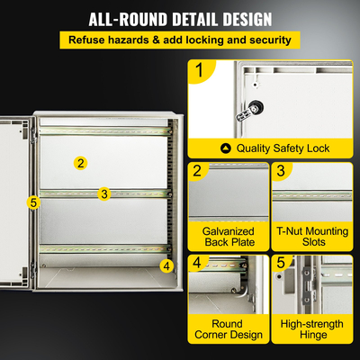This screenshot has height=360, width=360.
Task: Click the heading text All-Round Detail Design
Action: point(180,19)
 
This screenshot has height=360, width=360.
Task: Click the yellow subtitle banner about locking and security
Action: point(179,40)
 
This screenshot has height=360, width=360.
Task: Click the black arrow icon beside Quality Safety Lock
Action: point(226,148)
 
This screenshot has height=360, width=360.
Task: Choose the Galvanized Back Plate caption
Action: point(229,237)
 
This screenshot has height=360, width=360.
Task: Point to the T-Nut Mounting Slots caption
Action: point(313,237)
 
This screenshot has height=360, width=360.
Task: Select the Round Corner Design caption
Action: point(229,329)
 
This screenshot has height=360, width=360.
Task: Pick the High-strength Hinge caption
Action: point(313,329)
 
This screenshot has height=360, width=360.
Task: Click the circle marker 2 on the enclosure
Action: point(81,163)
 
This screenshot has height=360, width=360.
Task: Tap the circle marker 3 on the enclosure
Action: point(104,193)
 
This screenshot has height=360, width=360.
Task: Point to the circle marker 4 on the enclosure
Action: point(166,265)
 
